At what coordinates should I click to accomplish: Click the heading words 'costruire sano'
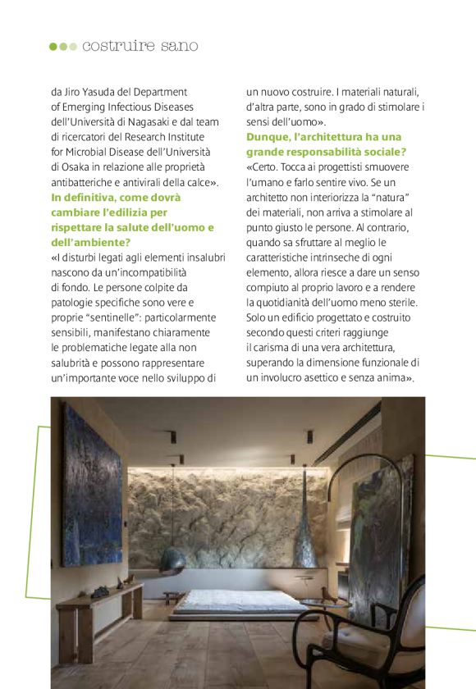[140, 46]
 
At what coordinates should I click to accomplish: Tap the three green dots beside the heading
[63, 47]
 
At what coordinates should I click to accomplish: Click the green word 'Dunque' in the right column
[268, 136]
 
